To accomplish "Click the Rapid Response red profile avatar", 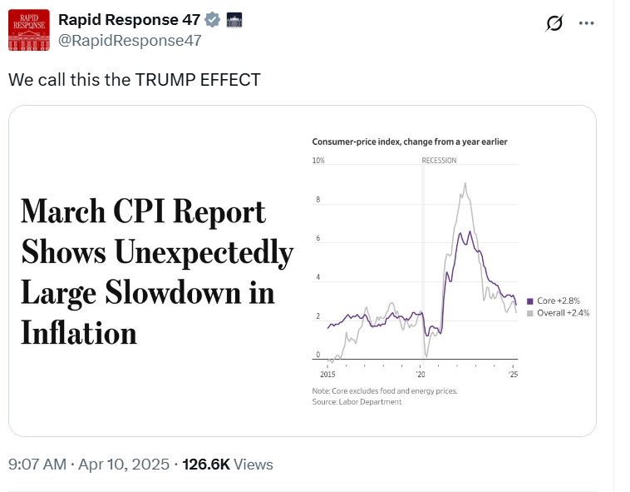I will [x=29, y=31].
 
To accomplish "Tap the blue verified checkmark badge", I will [x=214, y=20].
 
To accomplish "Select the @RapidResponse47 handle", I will [x=130, y=41].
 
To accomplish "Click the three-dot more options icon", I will [x=587, y=23].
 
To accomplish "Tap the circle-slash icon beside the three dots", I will [x=554, y=23].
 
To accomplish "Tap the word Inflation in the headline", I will [x=78, y=333].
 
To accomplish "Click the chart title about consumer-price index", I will [x=409, y=142].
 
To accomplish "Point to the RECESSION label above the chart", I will [x=439, y=161].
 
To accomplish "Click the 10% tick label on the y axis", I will [x=318, y=161].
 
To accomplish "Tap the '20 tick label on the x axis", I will [x=421, y=375].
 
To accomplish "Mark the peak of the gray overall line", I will [x=465, y=183].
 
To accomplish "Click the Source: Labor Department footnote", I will [x=357, y=402].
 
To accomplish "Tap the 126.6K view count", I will [x=206, y=465].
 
